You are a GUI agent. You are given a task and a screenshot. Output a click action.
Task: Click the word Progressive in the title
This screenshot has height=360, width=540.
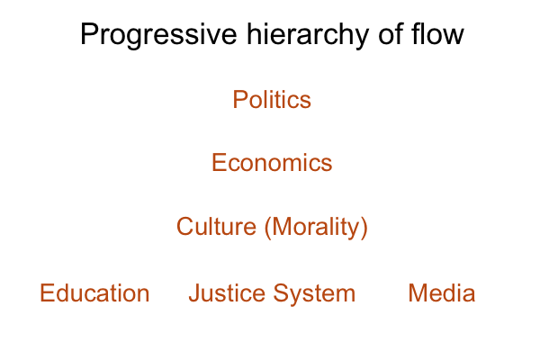coord(158,35)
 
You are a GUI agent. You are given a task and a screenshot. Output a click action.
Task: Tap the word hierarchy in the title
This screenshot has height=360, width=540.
coord(308,35)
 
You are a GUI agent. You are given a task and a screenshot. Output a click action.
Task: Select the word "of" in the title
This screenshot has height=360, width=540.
coord(391,33)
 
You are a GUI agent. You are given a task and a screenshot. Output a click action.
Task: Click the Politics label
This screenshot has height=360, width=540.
coord(272,100)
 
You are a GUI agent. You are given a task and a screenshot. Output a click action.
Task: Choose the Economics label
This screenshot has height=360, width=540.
coord(272,162)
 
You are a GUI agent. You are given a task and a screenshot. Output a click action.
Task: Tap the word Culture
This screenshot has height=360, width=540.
coord(216,226)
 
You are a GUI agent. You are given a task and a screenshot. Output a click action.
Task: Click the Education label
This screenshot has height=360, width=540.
coord(94,292)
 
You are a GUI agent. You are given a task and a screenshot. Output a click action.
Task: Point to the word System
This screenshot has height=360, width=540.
coord(314,294)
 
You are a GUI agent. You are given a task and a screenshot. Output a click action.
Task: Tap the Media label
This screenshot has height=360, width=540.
coord(442,292)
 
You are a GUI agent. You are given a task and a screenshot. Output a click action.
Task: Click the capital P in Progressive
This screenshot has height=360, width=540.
coord(89,34)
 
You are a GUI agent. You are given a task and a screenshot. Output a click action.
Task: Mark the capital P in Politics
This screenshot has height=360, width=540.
coord(240,100)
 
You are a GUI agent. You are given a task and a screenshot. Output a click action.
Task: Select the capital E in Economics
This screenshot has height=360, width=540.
coord(219,162)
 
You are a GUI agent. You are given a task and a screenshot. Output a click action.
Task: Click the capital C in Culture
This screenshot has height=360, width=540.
coord(184,226)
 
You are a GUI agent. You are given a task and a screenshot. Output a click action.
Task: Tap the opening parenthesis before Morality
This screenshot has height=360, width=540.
coord(268,228)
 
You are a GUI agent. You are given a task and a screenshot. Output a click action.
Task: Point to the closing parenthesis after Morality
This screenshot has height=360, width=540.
coord(364,228)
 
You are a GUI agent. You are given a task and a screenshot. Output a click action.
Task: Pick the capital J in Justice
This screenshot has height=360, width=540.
coord(194,292)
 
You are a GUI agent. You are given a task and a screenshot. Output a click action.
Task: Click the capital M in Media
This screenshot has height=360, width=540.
coord(417,292)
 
